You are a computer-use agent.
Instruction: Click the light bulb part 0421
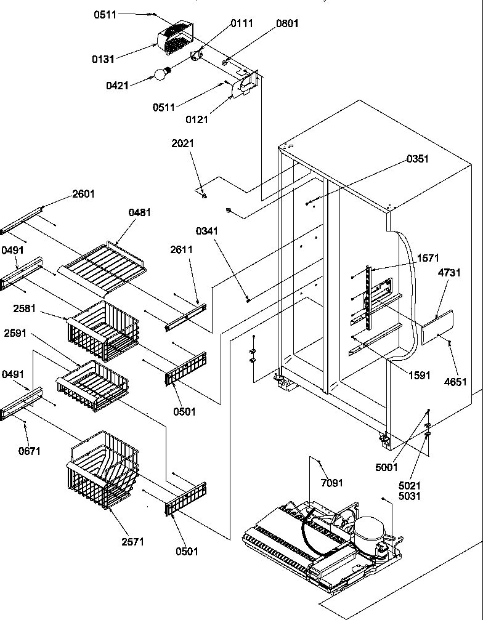click(x=161, y=74)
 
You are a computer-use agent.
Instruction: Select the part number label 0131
click(x=104, y=59)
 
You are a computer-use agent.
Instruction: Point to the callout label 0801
click(x=287, y=24)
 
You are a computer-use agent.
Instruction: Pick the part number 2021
click(x=182, y=143)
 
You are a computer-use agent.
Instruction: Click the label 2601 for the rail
click(x=84, y=193)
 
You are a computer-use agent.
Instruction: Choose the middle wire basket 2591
click(x=92, y=387)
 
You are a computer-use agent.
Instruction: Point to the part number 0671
click(x=30, y=451)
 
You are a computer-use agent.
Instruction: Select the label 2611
click(x=182, y=249)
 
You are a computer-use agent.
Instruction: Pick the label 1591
click(x=419, y=376)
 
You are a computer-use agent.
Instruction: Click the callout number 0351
click(x=416, y=159)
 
